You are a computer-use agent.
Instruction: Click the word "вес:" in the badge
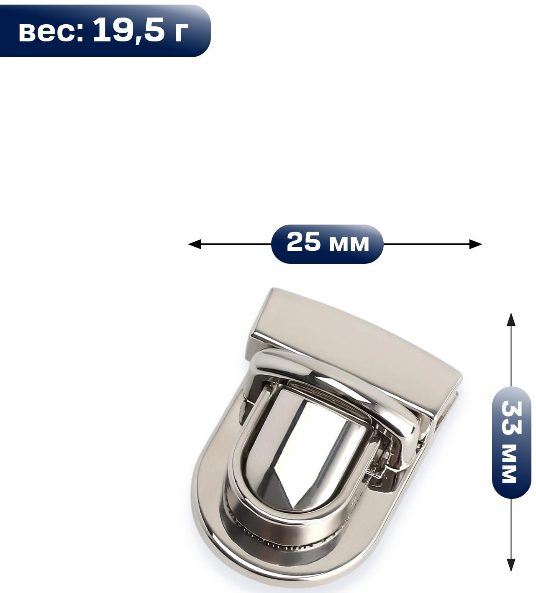point(51,32)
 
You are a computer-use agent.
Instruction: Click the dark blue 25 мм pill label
point(327,244)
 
